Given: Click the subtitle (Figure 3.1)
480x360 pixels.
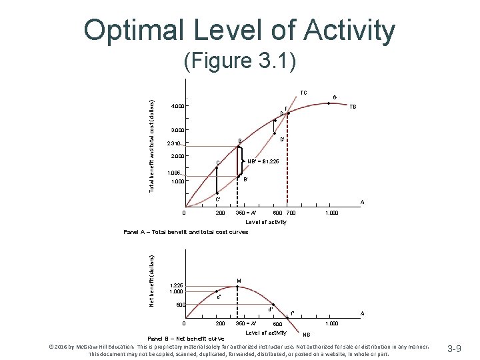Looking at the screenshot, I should (x=239, y=61).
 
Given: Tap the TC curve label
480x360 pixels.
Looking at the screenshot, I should (x=303, y=93).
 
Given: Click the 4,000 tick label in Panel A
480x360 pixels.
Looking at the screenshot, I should (x=179, y=106).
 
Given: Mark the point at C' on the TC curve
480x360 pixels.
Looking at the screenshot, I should (x=217, y=193).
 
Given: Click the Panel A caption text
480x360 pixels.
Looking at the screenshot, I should (x=185, y=232).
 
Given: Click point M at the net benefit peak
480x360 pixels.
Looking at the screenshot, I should (x=239, y=282).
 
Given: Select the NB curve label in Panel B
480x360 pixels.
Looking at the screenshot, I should (x=307, y=333).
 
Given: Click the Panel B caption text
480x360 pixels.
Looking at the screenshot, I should (x=185, y=339).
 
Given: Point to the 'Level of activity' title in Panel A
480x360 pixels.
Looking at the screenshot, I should (x=266, y=221).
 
